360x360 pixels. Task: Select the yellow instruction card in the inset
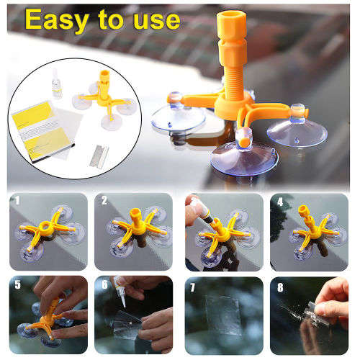(33, 122)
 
